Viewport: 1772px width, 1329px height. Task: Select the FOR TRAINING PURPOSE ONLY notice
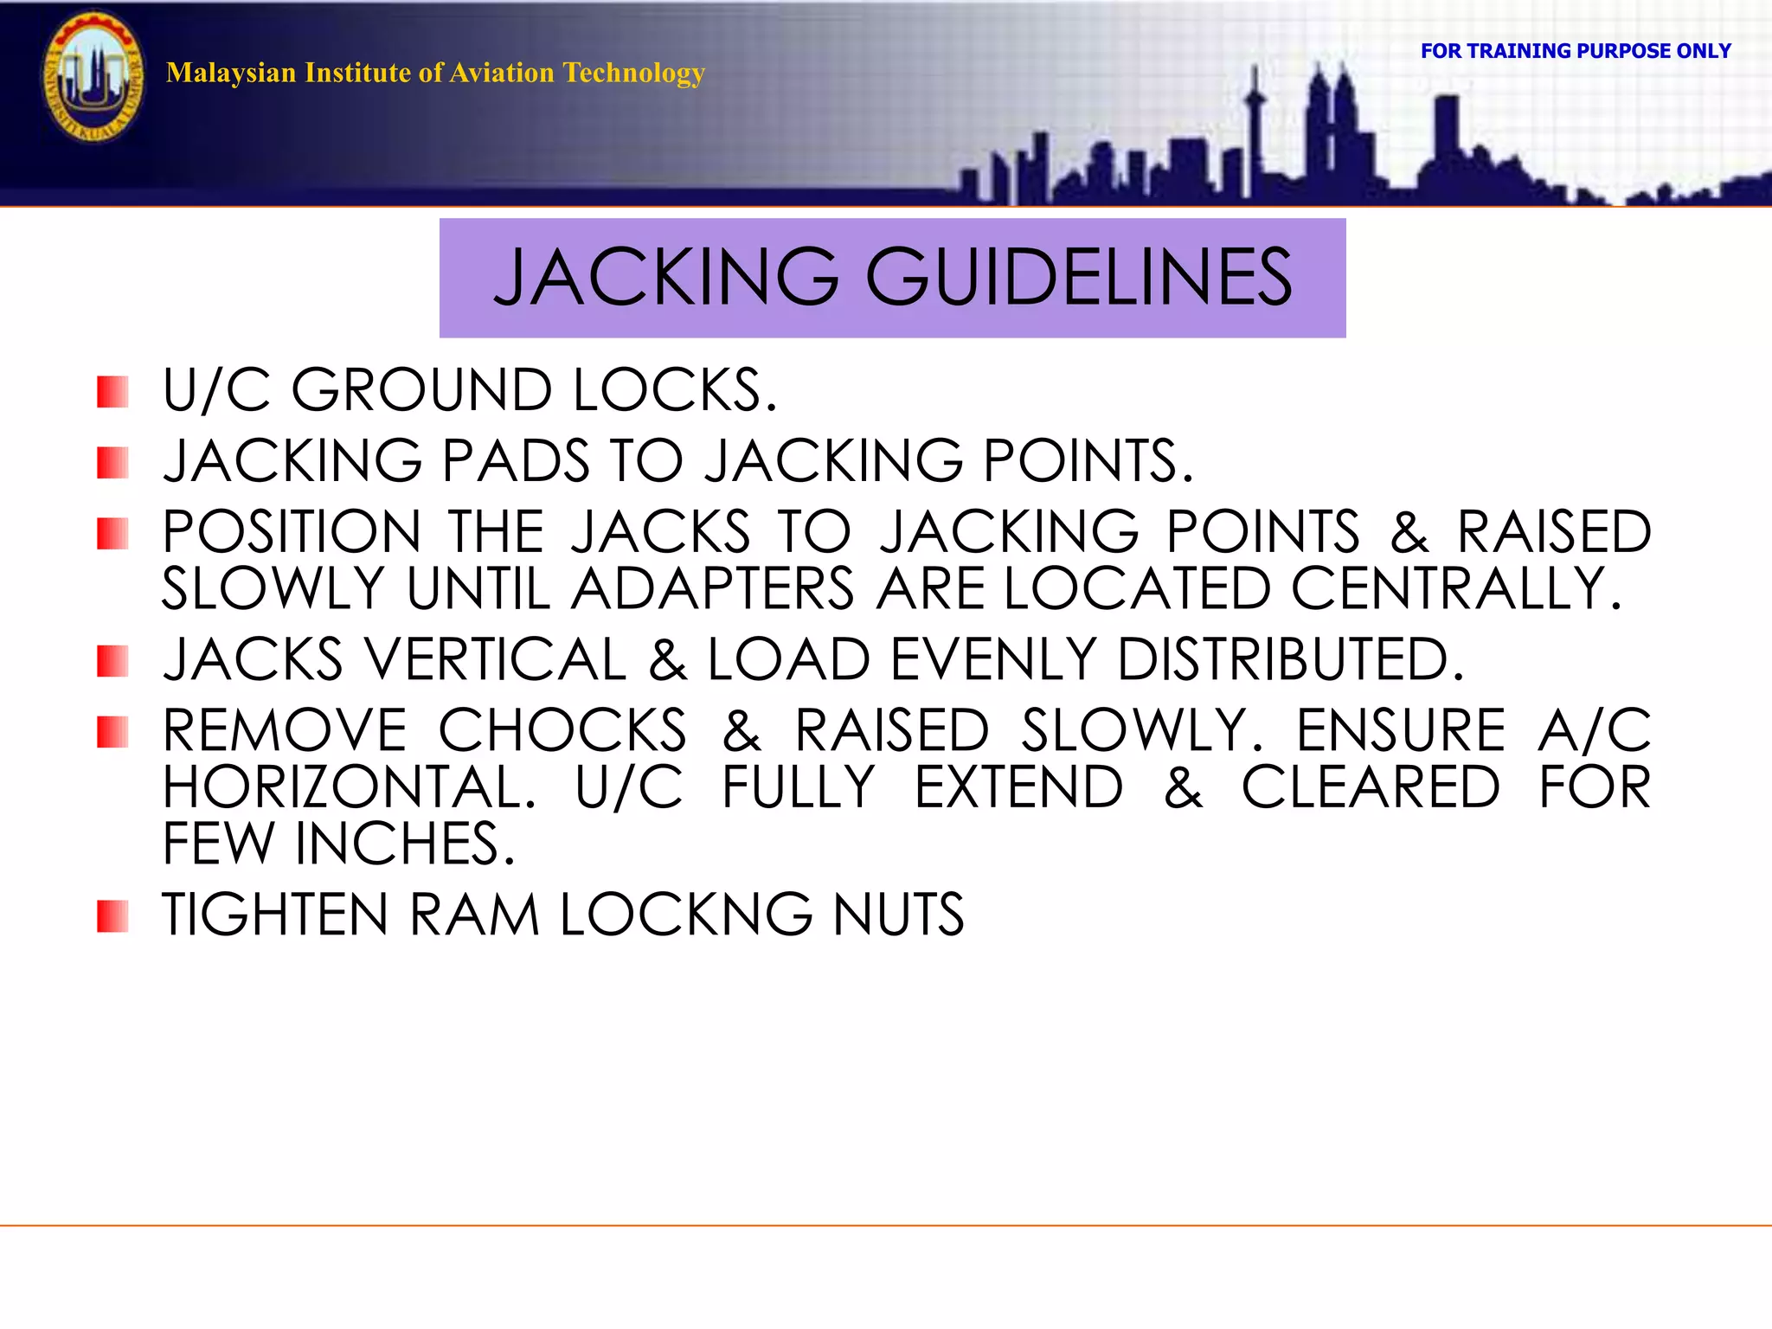(x=1575, y=51)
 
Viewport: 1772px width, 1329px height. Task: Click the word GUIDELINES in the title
(x=1078, y=277)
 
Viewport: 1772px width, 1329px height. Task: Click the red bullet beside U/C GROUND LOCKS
(x=112, y=392)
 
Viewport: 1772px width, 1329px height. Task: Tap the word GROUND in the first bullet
(x=421, y=390)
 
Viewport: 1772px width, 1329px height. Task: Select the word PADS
(x=516, y=460)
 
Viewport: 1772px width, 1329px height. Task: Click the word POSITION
(x=292, y=531)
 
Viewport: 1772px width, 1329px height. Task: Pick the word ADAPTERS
(x=713, y=589)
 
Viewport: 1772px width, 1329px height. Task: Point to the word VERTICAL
(x=496, y=660)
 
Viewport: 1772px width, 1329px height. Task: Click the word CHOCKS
(x=562, y=731)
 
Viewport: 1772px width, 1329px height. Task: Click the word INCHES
(x=397, y=844)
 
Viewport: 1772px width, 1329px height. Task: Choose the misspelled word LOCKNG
(x=686, y=915)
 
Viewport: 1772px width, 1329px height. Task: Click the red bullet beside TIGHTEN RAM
(x=112, y=916)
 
